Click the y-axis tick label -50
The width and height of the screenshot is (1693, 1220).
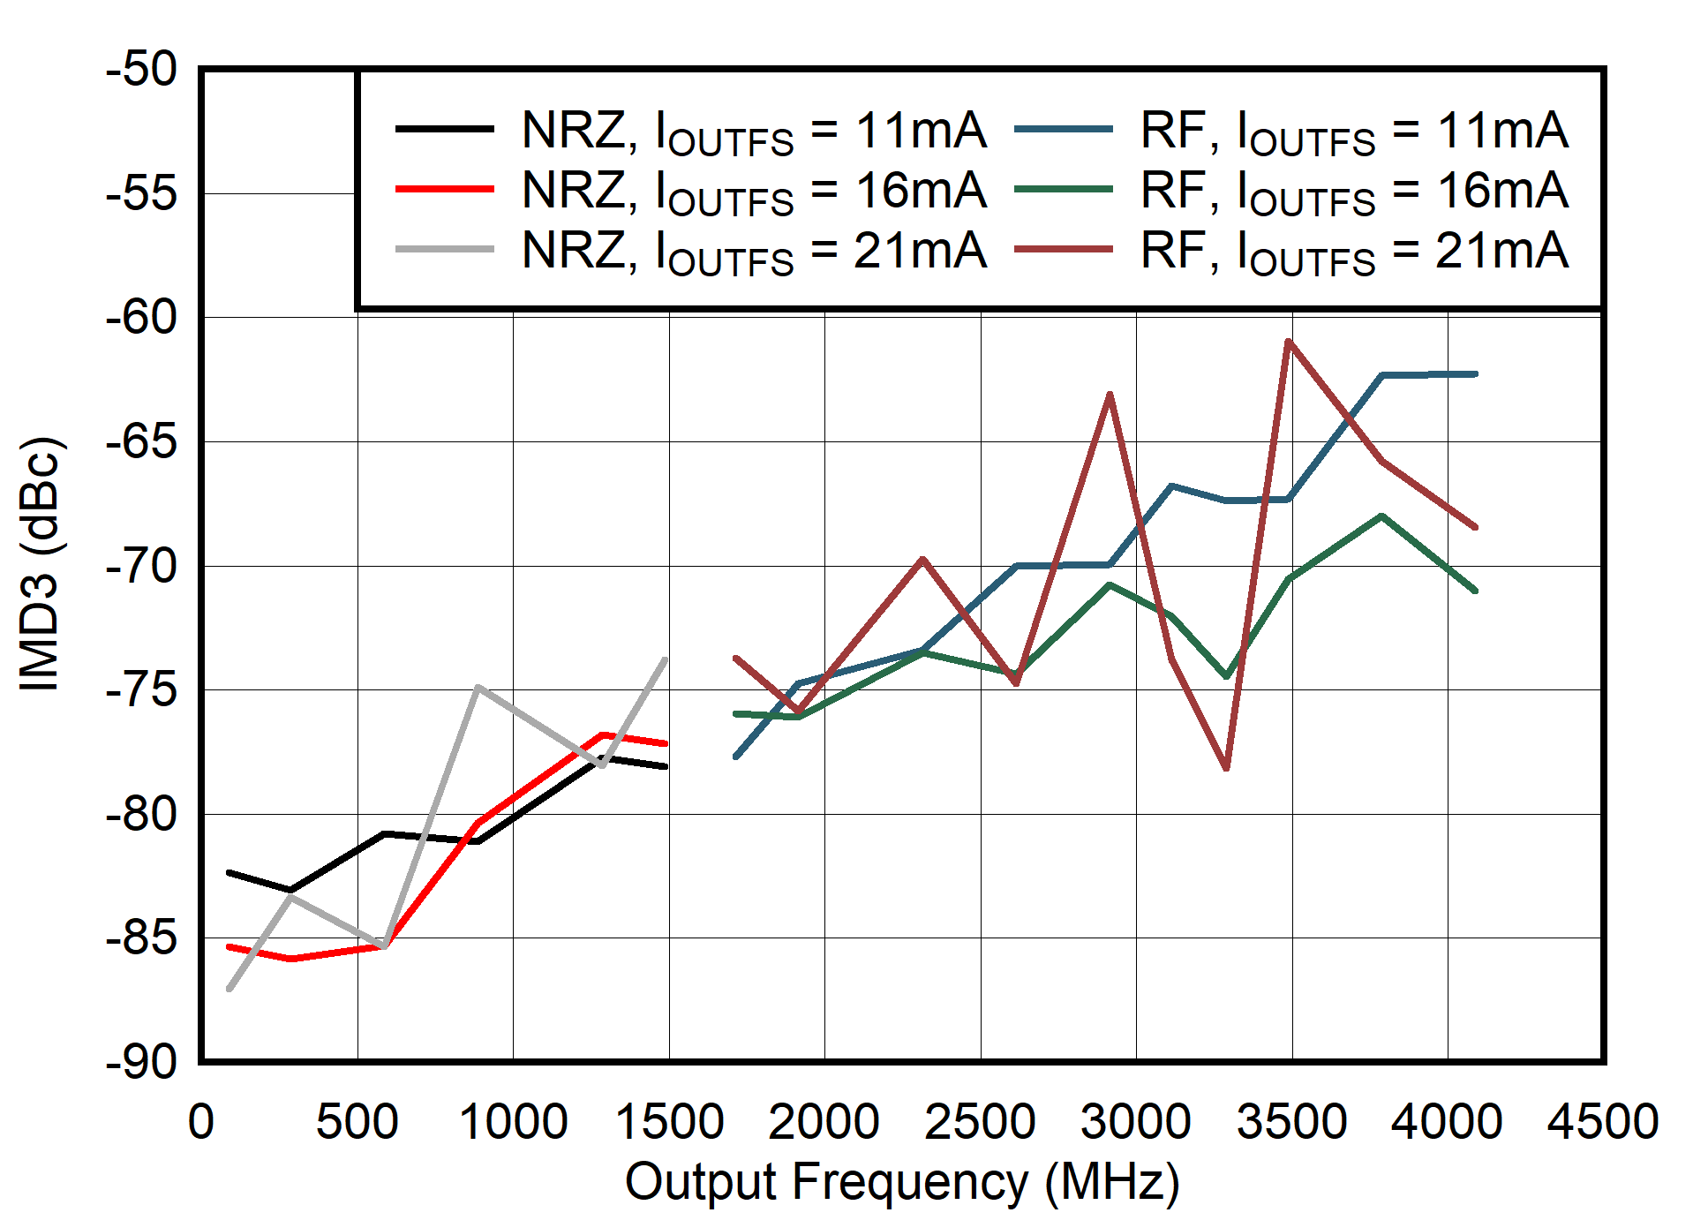141,70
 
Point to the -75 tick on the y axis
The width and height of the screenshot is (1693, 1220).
141,690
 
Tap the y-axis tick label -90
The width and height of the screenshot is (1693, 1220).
141,1063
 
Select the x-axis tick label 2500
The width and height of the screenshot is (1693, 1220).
980,1122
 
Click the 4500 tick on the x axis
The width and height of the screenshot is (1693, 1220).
1603,1122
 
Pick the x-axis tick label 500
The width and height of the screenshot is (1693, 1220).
357,1122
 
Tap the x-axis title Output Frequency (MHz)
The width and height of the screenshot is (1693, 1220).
901,1182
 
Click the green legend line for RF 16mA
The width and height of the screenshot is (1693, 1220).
1063,189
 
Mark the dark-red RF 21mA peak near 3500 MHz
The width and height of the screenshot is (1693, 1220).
1290,341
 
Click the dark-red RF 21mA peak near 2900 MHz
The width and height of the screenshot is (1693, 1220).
1110,394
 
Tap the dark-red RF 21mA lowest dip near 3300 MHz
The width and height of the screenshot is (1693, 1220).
1227,768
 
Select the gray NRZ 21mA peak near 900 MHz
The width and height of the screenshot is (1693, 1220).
477,687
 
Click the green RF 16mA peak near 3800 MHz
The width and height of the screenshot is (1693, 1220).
1381,516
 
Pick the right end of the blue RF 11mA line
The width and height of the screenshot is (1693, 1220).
1475,374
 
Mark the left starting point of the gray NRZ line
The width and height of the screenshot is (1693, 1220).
229,989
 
